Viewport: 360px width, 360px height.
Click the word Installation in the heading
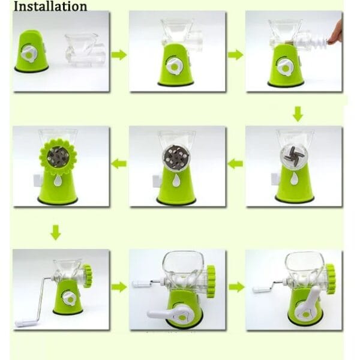click(50, 6)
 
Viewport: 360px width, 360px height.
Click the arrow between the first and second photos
click(119, 55)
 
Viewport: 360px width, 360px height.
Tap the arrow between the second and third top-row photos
click(236, 55)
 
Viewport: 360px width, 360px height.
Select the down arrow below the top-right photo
click(298, 114)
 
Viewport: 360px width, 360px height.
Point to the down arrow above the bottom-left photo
click(56, 233)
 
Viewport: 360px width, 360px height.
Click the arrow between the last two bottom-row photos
click(237, 287)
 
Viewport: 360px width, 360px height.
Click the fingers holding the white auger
click(335, 32)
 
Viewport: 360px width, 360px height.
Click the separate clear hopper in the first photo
click(85, 50)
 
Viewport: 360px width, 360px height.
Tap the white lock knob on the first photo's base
click(29, 54)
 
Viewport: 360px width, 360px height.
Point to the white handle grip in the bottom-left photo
click(23, 323)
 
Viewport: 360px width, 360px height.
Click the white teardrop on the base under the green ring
click(58, 180)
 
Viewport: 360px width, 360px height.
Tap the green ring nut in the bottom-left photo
click(88, 276)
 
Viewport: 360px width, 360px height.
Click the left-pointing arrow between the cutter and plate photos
click(235, 164)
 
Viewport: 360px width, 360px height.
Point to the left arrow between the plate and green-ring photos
click(119, 164)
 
